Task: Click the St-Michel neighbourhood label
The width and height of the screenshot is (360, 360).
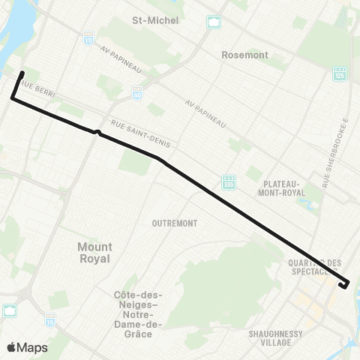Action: pyautogui.click(x=155, y=20)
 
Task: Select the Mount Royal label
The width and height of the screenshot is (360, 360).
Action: pyautogui.click(x=94, y=252)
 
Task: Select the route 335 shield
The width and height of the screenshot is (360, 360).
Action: pyautogui.click(x=228, y=182)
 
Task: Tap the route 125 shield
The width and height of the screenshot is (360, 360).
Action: pyautogui.click(x=340, y=73)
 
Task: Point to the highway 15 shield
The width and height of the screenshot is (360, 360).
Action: pyautogui.click(x=50, y=319)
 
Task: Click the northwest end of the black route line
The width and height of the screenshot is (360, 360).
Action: pyautogui.click(x=23, y=73)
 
